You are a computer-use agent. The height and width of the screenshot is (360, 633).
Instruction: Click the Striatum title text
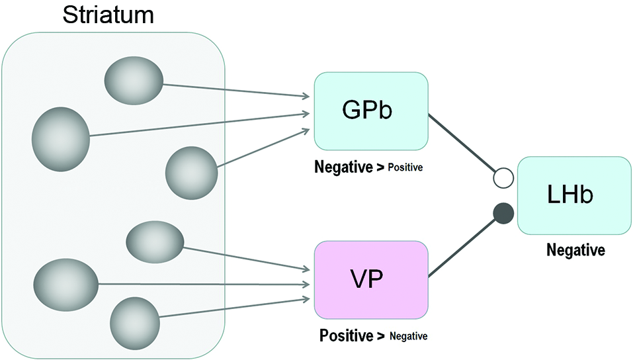[108, 15]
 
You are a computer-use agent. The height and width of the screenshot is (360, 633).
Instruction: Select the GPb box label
[367, 110]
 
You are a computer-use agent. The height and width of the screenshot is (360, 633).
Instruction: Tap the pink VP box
[370, 279]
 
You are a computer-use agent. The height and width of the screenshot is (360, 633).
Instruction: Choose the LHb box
[574, 195]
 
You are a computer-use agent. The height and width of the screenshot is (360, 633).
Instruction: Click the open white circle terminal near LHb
[504, 178]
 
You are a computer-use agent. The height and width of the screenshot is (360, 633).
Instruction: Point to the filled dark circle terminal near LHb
[504, 214]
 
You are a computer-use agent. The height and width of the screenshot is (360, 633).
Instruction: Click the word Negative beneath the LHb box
[575, 251]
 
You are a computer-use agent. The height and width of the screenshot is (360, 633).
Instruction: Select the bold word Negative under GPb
[343, 167]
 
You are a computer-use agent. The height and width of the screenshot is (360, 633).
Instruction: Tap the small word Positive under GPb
[404, 168]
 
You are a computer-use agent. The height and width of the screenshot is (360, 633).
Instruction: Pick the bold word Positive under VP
[346, 336]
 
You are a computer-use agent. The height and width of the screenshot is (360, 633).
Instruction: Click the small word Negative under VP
[408, 337]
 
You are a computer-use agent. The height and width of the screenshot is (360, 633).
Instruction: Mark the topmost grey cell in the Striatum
[134, 79]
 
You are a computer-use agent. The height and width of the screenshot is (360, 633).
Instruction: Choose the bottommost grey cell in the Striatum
[135, 324]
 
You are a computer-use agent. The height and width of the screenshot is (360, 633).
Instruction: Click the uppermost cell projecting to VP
[155, 242]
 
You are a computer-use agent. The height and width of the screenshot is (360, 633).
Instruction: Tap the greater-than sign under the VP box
[381, 336]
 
